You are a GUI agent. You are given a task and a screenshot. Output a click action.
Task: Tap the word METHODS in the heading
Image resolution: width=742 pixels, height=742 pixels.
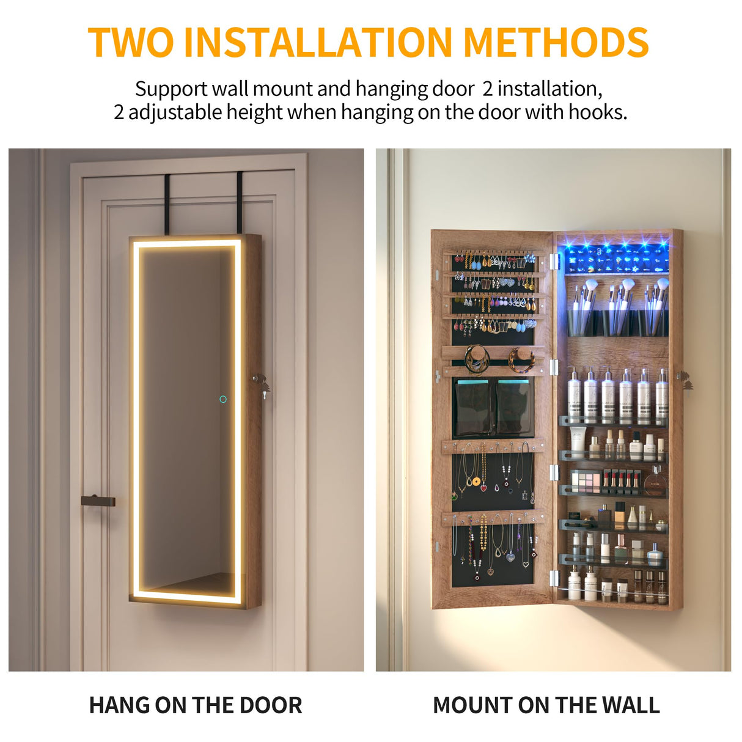pos(556,42)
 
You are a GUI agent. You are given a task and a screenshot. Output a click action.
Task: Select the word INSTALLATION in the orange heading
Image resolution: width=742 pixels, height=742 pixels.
pos(317,42)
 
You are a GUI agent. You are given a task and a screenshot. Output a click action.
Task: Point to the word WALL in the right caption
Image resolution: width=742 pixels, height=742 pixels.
pos(630,705)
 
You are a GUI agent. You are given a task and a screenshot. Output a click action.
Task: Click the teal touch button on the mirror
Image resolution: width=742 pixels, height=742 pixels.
pos(223,399)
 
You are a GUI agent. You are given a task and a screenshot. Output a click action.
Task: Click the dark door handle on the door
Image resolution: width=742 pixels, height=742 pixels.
pos(98,501)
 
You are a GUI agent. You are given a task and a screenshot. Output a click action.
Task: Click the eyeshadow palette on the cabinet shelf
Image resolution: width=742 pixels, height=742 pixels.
pos(586,482)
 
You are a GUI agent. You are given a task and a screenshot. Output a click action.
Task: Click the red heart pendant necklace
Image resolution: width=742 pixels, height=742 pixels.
pos(483,487)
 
